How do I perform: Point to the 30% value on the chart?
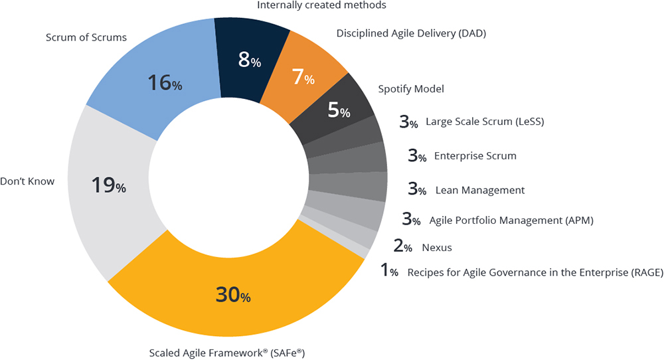coord(233,294)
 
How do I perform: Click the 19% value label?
coord(109,185)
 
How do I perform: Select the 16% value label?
coord(165,82)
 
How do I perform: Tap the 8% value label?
coord(250,60)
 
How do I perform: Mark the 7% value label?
coord(303,77)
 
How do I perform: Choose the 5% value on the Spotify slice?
coord(339,110)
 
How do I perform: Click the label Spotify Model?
coord(411,89)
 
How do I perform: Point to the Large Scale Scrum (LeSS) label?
coord(485,122)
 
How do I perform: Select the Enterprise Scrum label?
coord(475,156)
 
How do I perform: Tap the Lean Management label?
coord(480,190)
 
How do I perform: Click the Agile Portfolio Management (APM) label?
coord(511,221)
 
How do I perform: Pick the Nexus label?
coord(437,247)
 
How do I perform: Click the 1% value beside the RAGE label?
coord(389,270)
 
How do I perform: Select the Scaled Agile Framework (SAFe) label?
coord(227,353)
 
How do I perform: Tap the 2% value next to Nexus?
coord(403,246)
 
